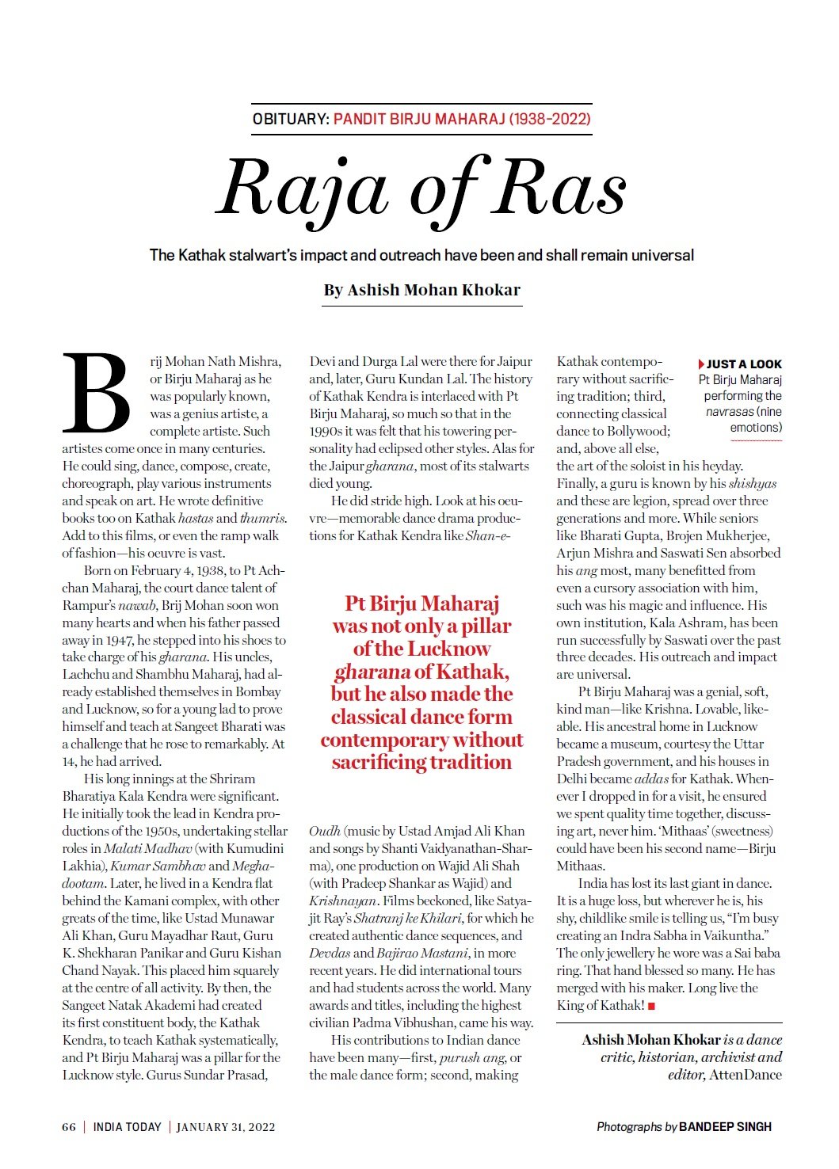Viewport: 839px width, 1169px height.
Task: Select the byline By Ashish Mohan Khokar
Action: coord(421,290)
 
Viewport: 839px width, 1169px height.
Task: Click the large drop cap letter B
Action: coord(97,394)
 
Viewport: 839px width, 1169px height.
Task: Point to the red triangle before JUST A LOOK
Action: coord(701,364)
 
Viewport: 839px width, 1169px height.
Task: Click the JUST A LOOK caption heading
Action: coord(744,364)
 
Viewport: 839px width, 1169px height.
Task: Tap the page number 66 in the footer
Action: coord(69,1127)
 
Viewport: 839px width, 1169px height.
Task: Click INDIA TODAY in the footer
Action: coord(127,1127)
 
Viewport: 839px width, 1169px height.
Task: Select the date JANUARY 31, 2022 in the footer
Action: coord(226,1127)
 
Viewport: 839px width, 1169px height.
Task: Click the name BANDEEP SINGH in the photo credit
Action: coord(725,1127)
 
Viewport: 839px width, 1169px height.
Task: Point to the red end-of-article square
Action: coord(651,1006)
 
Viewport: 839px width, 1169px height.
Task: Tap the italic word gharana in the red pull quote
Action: coord(372,672)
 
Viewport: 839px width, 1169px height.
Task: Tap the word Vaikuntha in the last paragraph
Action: coord(735,936)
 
